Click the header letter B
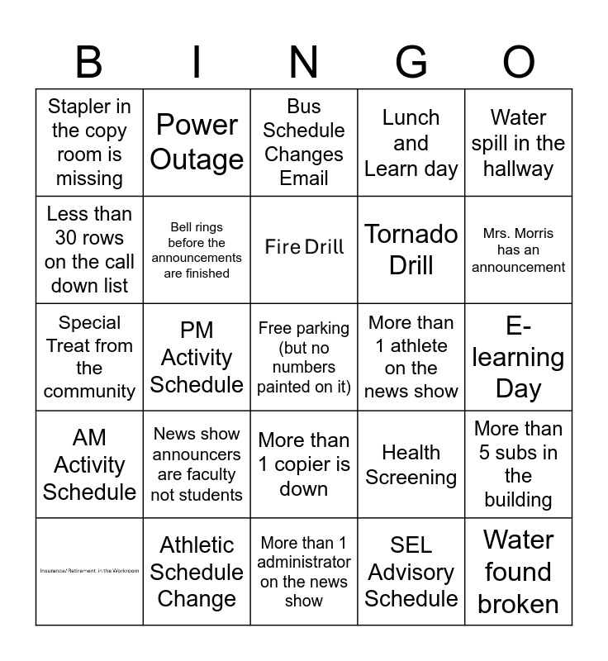click(x=89, y=62)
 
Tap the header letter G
click(x=411, y=62)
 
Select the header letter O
click(x=519, y=62)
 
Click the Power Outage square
click(x=197, y=142)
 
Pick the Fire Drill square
click(x=304, y=247)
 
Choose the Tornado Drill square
click(x=411, y=250)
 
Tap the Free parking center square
click(x=304, y=357)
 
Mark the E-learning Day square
click(x=519, y=357)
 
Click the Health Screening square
click(x=411, y=464)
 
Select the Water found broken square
click(x=519, y=572)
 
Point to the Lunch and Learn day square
click(x=411, y=142)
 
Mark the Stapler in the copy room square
click(x=89, y=142)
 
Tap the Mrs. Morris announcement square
click(x=519, y=250)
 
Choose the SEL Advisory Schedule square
click(x=411, y=572)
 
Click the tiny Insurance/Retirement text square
click(x=89, y=571)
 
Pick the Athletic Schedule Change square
click(x=197, y=572)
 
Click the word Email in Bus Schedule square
click(x=304, y=178)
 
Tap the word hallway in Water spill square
click(x=519, y=169)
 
